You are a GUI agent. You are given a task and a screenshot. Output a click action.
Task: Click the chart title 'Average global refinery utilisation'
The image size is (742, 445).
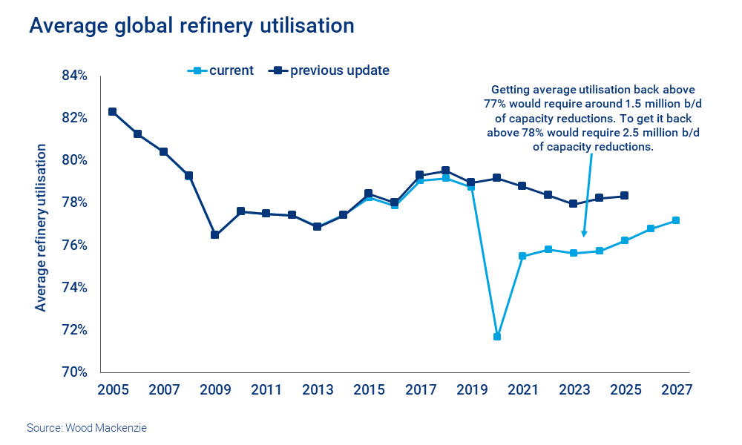[191, 26]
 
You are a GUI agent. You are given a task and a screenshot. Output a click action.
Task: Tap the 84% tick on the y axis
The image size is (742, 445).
[74, 76]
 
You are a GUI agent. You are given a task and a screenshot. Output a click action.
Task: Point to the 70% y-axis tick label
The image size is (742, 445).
[74, 372]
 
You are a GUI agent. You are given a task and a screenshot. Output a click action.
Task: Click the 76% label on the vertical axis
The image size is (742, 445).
[74, 245]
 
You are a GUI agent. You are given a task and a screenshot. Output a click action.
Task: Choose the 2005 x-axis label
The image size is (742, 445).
[112, 390]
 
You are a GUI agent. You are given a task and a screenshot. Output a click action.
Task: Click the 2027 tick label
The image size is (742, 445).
[676, 390]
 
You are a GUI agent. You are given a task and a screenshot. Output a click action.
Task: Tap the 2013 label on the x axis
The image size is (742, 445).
[318, 390]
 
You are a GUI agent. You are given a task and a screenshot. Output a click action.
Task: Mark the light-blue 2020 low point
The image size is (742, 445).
[497, 337]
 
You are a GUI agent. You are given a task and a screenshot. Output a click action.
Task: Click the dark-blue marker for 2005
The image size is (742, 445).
[112, 112]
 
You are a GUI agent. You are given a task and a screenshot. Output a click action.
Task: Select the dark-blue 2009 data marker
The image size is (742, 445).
[215, 235]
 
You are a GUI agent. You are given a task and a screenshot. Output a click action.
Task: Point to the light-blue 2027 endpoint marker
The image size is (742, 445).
[676, 220]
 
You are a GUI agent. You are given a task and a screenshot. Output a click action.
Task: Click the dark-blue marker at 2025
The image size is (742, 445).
[625, 196]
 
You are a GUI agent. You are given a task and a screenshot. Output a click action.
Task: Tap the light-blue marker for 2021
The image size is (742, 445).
[522, 256]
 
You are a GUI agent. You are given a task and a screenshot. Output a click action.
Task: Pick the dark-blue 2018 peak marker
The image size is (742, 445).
[445, 171]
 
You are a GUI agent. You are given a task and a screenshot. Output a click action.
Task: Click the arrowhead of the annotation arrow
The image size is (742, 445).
[584, 235]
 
